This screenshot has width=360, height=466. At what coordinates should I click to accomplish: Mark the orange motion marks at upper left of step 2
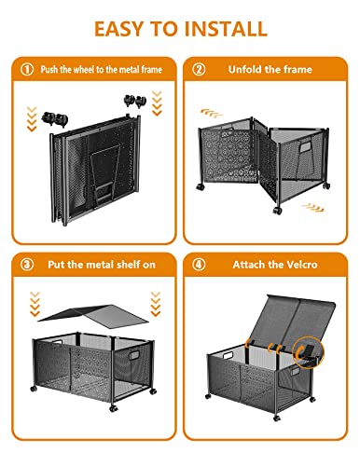(207, 112)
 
